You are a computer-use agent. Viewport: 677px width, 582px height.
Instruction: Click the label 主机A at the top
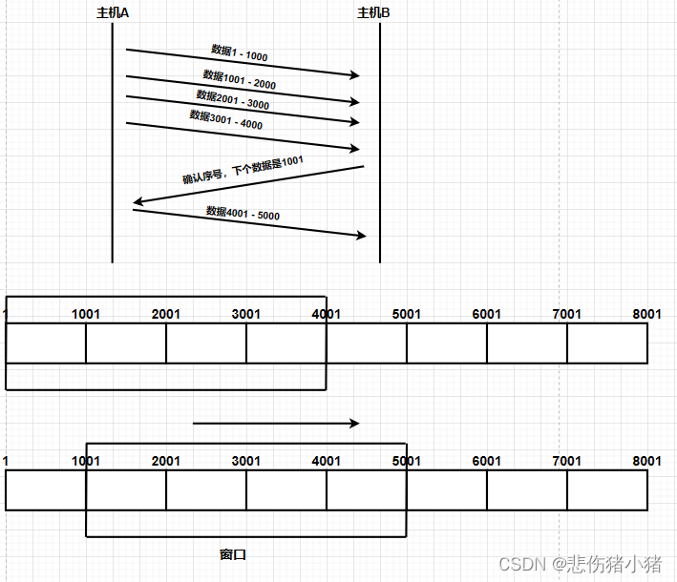113,13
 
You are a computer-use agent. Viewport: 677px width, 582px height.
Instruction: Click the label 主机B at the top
373,13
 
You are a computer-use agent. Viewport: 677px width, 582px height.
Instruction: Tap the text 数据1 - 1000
240,53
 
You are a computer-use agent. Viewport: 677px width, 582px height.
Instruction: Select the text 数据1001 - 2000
240,80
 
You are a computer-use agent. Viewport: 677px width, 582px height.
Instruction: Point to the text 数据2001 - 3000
233,99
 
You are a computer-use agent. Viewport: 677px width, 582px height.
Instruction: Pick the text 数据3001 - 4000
225,119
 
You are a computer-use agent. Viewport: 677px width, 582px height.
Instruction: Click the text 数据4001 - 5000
243,213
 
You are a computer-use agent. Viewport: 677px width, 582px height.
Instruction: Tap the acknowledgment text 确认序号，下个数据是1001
243,170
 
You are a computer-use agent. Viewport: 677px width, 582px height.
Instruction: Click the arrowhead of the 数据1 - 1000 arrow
355,75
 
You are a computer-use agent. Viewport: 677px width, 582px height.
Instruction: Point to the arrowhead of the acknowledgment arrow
138,201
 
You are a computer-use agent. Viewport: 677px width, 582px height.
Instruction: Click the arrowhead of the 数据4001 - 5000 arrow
361,236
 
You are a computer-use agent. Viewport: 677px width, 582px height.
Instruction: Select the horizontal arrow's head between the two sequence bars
355,424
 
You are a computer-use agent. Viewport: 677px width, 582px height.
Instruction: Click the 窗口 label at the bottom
233,554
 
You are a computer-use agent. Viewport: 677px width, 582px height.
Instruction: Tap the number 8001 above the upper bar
646,314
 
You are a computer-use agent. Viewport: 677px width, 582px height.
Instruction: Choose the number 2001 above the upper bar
166,314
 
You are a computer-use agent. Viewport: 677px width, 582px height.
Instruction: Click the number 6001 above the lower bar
487,461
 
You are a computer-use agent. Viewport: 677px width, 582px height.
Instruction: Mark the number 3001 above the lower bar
246,461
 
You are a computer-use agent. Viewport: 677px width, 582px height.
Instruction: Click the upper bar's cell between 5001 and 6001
447,343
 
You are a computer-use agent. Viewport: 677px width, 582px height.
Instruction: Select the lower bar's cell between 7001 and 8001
607,490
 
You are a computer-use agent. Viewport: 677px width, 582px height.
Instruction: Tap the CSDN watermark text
581,564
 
